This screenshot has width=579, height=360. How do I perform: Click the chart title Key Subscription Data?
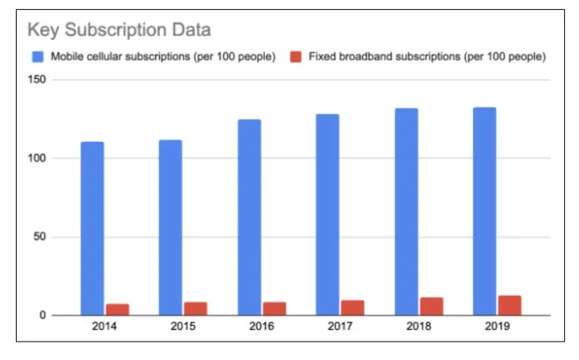pos(119,30)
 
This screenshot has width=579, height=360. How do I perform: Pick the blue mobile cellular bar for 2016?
pos(249,217)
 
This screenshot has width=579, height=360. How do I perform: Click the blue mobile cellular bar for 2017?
pos(327,215)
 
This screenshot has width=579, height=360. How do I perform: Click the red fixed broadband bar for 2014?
pos(117,309)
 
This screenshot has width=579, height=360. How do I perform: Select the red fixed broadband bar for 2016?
pos(274,308)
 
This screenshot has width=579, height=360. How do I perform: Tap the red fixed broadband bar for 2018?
pos(432,306)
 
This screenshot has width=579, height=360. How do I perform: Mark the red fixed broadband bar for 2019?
pos(510,305)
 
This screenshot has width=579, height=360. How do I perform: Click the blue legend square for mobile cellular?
pos(37,57)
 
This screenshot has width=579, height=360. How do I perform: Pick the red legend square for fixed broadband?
pos(295,57)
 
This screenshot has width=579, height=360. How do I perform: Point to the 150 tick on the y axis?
pos(37,80)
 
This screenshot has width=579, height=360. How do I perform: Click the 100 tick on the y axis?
pos(37,158)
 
